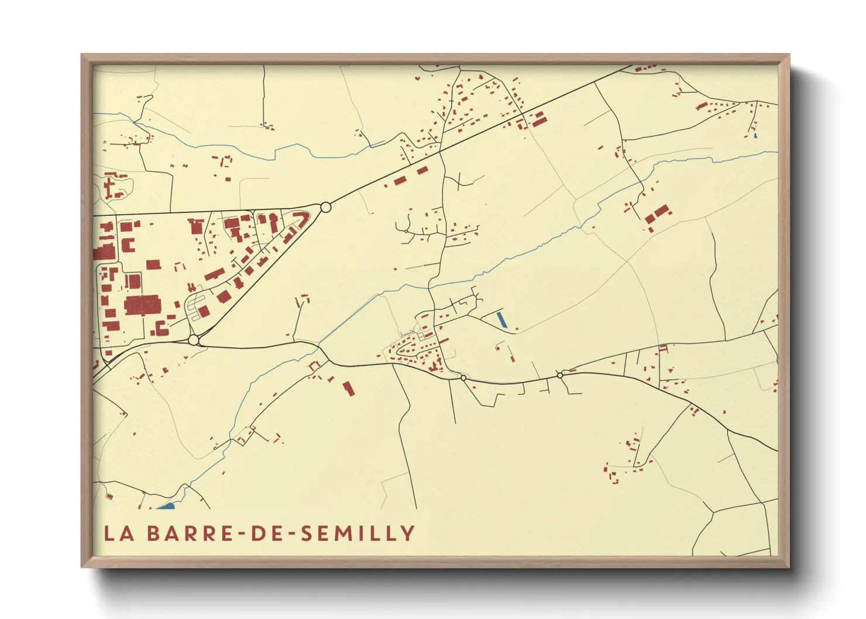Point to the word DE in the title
266,533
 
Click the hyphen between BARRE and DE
240,534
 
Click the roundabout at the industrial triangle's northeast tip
326,207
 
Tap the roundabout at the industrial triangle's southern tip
194,339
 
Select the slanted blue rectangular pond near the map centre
501,319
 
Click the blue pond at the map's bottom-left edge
166,506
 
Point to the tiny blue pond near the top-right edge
755,136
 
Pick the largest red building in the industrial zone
142,305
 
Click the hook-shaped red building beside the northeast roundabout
300,220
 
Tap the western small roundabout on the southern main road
463,378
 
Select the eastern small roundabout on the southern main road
560,375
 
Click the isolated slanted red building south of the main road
349,388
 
